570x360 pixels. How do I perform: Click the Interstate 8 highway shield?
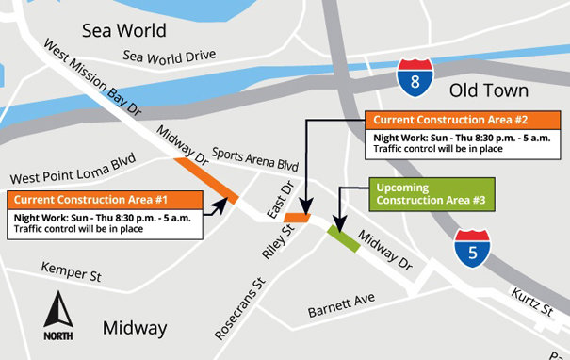pos(415,79)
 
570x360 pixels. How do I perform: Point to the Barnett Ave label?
pos(341,307)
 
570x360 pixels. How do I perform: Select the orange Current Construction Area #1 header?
pos(105,200)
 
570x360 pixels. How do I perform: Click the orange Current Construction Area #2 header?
pos(463,121)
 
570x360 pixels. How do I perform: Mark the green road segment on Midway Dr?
pos(343,239)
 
